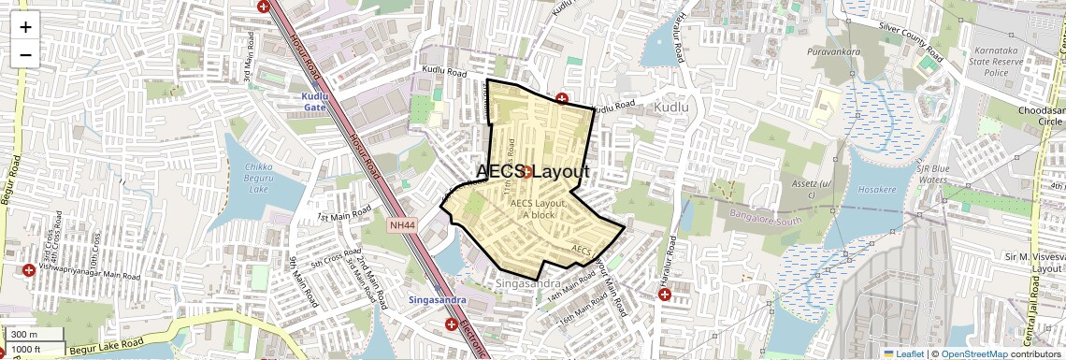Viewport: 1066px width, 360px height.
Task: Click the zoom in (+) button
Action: point(25,26)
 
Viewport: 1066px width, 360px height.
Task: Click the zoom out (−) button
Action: point(25,54)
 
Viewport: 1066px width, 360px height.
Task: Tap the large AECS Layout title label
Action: point(533,172)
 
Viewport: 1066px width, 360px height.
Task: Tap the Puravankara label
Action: point(834,51)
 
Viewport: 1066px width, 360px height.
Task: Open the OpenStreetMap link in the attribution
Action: point(974,353)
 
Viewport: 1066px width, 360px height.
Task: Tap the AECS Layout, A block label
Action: point(540,209)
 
